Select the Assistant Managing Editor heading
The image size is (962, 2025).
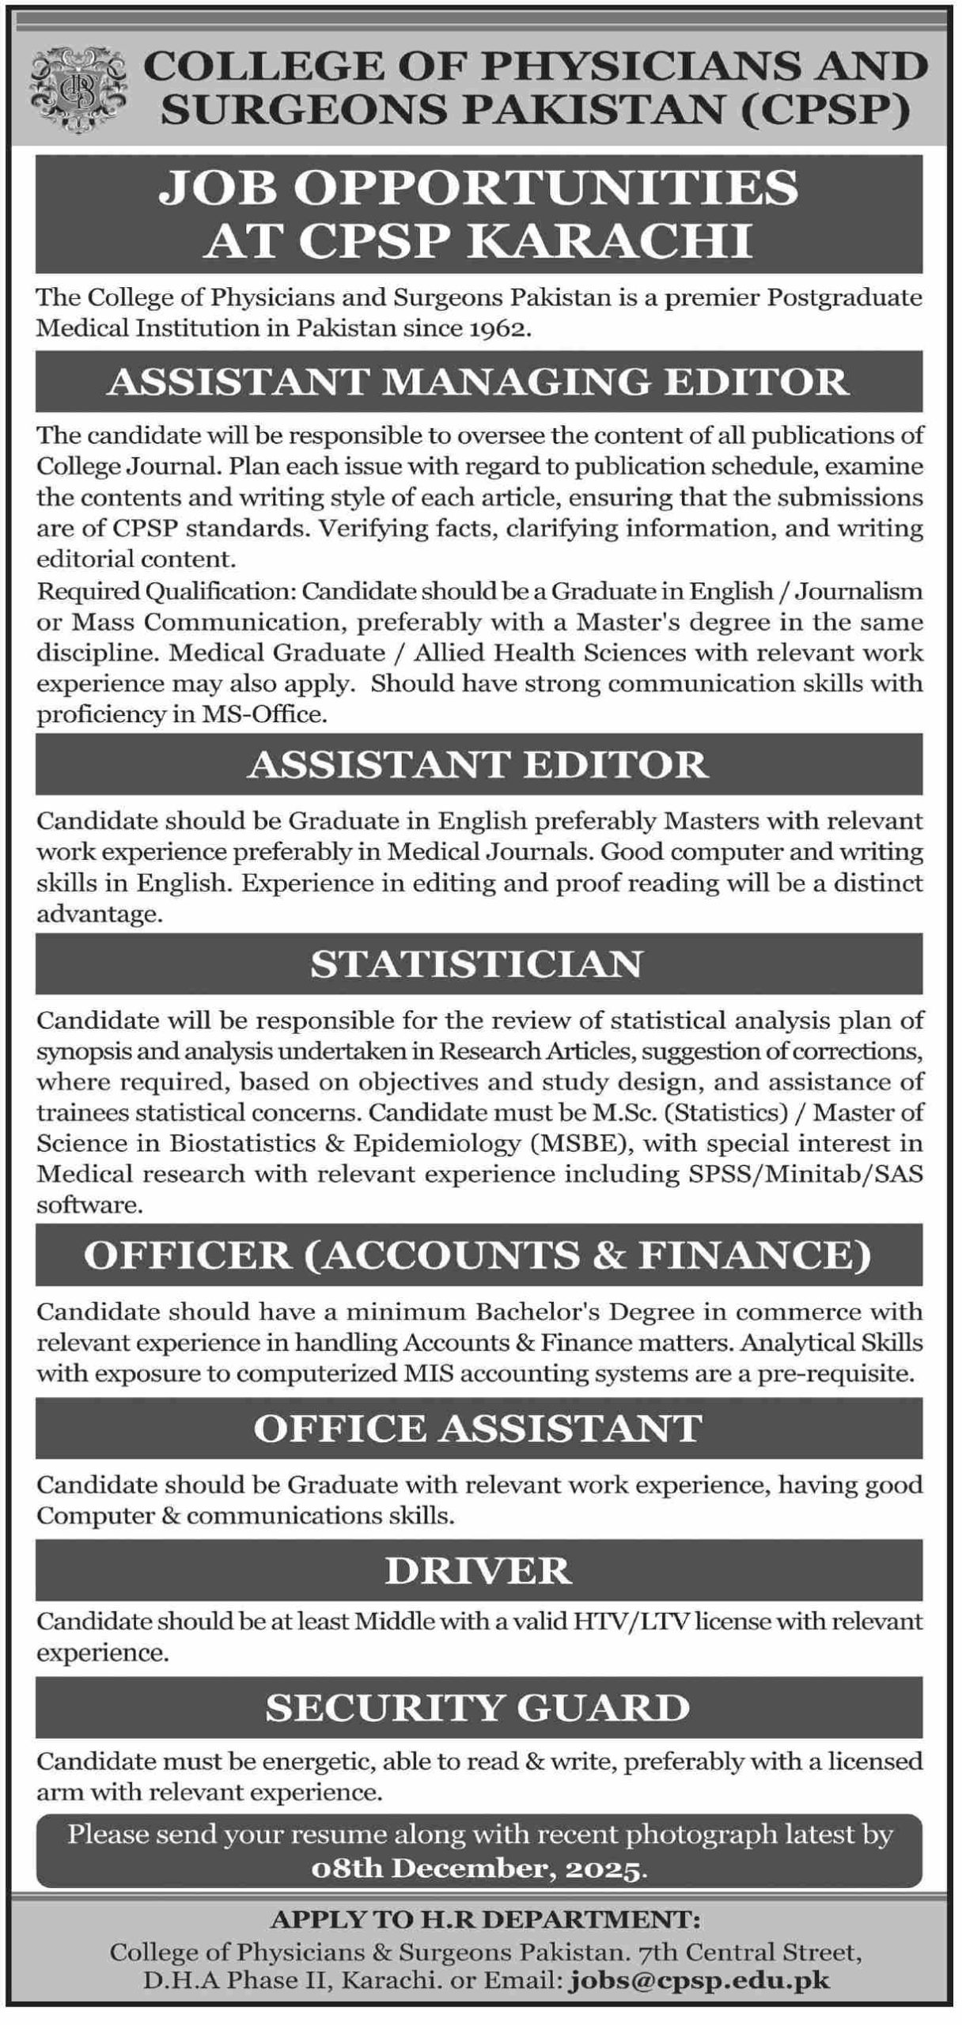point(479,382)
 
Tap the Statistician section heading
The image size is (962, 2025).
point(479,963)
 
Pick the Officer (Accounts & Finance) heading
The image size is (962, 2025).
point(479,1255)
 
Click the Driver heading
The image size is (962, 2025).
point(479,1571)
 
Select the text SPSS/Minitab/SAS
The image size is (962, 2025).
point(801,1175)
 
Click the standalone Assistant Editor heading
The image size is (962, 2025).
point(479,764)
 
